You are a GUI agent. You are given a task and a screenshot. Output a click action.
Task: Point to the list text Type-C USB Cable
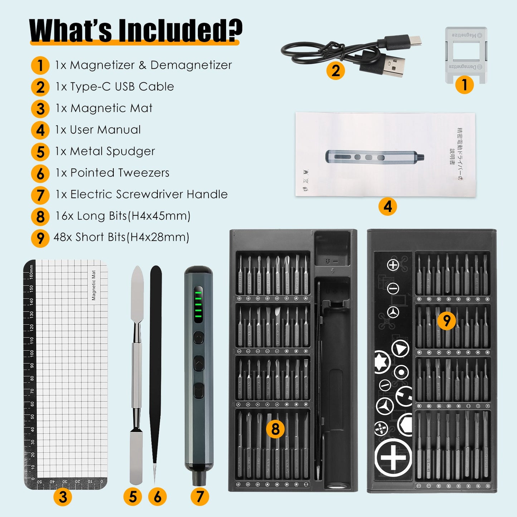tap(122, 87)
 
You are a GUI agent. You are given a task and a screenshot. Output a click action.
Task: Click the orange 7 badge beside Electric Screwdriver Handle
tap(40, 195)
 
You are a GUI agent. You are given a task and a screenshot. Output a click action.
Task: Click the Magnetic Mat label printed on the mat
tap(94, 285)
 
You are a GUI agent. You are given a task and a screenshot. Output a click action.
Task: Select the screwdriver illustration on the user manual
tap(374, 156)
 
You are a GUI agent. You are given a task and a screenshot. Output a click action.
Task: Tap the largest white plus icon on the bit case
tap(393, 458)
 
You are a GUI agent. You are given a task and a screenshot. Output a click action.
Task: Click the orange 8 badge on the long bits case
tap(275, 429)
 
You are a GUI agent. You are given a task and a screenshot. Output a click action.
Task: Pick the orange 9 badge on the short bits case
tap(447, 320)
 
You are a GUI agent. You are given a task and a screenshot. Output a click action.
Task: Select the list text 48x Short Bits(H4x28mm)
tap(121, 237)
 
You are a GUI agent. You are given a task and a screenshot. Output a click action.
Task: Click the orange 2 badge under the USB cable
tap(335, 70)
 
